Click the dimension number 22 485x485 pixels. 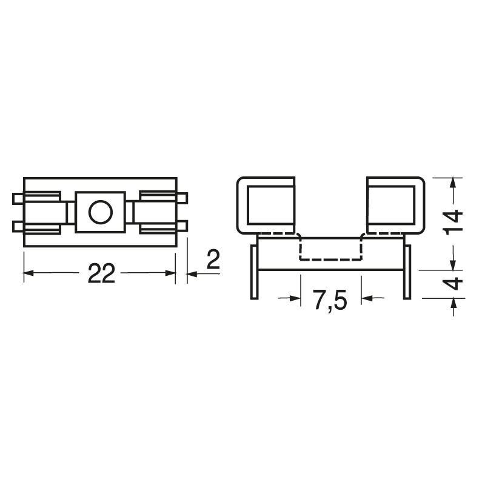[x=101, y=273]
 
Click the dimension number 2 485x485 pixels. [x=213, y=259]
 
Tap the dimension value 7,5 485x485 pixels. [x=330, y=300]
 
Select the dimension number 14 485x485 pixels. [x=453, y=222]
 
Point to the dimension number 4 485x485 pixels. [x=453, y=284]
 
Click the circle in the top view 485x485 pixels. [x=101, y=212]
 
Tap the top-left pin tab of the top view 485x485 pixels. [x=18, y=199]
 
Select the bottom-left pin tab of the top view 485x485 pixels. [x=18, y=226]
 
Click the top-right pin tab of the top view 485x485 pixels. [x=182, y=198]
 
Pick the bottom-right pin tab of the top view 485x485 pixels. [x=182, y=226]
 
